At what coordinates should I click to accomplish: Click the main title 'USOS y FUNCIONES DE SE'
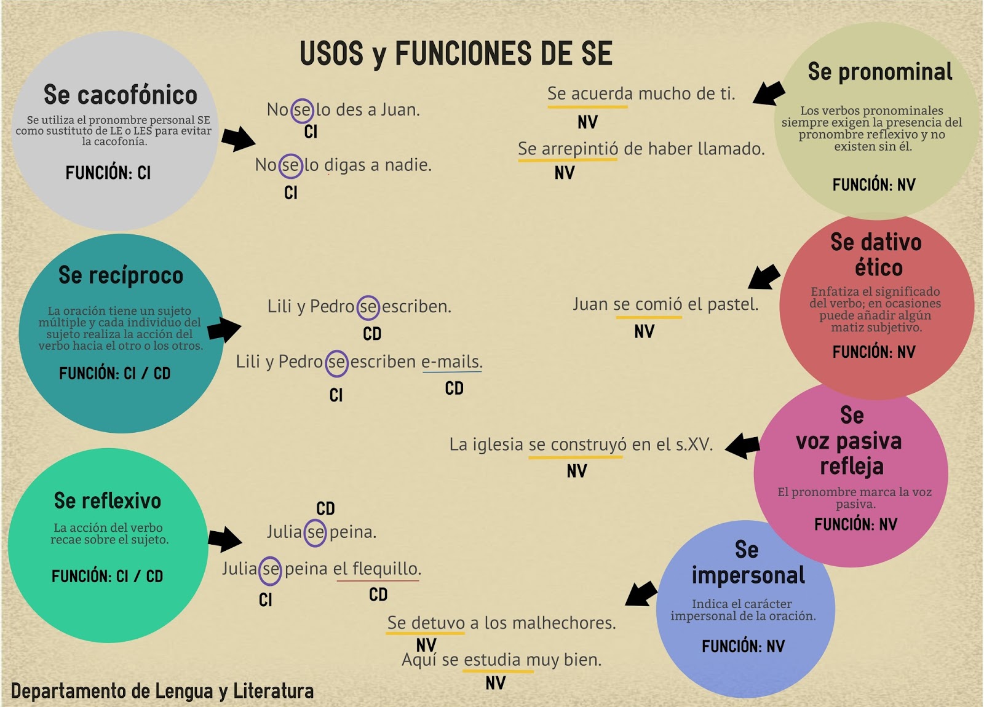pos(456,53)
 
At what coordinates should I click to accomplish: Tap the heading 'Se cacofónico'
pos(121,95)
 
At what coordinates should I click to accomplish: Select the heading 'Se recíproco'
pos(121,275)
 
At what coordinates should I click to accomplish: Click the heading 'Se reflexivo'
pos(108,500)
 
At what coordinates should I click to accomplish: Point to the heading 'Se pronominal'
pos(879,72)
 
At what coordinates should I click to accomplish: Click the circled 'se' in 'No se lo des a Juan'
pos(302,110)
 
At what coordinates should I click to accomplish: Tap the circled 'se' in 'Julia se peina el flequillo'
pos(270,570)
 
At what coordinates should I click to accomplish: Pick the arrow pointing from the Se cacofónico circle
pos(238,139)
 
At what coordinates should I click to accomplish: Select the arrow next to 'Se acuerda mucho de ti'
pos(769,93)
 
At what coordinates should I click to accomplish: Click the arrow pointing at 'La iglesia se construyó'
pos(743,445)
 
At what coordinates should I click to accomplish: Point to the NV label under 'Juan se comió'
pos(644,332)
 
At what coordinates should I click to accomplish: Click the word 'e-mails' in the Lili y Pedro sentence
pos(451,361)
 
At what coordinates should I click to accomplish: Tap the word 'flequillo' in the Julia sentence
pos(386,569)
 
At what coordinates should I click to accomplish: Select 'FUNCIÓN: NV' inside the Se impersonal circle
pos(743,646)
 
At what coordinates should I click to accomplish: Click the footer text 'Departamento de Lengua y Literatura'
pos(162,691)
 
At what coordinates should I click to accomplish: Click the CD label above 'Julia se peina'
pos(325,508)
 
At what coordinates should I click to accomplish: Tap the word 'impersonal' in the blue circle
pos(748,575)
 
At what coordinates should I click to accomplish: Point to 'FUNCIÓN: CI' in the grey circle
pos(108,173)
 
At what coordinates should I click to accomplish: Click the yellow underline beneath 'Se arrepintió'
pos(567,160)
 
